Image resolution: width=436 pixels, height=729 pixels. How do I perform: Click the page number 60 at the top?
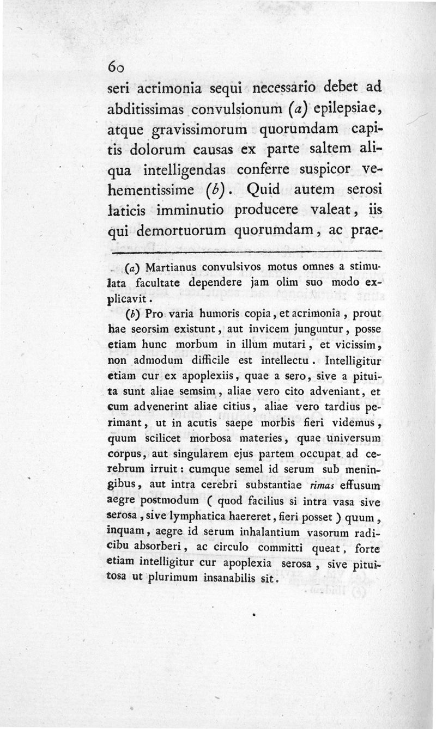click(x=117, y=66)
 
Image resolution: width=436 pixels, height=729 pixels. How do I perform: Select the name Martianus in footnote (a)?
click(x=173, y=268)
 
